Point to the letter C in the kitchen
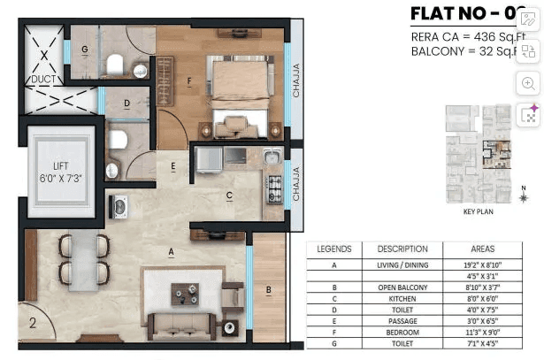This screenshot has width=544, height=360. [x=228, y=195]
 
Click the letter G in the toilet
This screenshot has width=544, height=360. [x=84, y=50]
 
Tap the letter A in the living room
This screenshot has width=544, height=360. [x=170, y=251]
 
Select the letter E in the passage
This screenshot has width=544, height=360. [x=173, y=165]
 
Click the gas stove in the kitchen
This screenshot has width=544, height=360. [x=274, y=186]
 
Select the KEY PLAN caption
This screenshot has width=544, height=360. [x=478, y=212]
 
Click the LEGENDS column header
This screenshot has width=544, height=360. [x=333, y=249]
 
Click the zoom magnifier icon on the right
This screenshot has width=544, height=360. [x=529, y=83]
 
